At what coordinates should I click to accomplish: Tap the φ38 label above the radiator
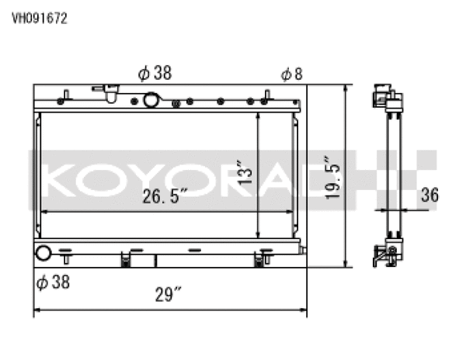coord(155,74)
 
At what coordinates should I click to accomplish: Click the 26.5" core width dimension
coord(166,197)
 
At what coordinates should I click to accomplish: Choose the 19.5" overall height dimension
coord(333,178)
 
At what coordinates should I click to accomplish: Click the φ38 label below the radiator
coord(53,282)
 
